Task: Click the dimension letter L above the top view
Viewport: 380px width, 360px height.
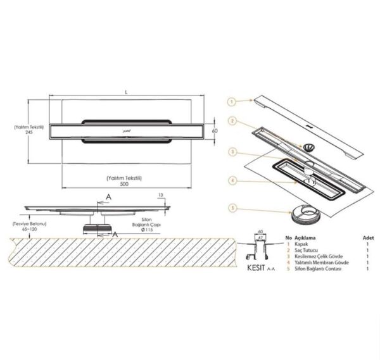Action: click(127, 93)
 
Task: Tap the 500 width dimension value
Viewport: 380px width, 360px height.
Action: click(127, 186)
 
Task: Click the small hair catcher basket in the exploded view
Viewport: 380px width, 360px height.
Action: click(307, 146)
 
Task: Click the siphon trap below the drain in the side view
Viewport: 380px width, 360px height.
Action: click(98, 225)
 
